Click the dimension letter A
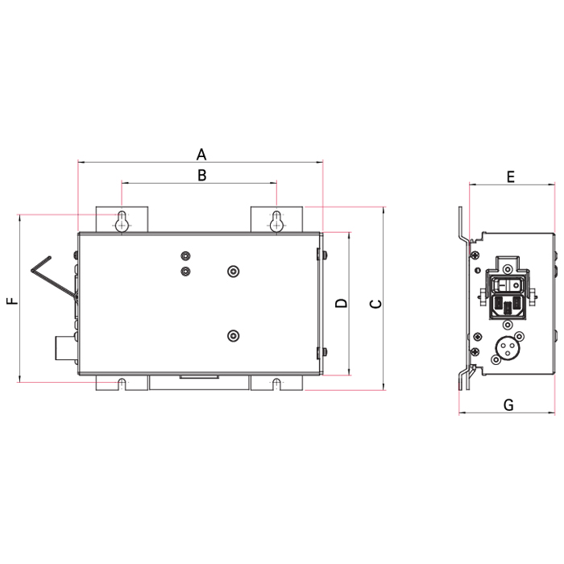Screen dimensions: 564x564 click(x=201, y=153)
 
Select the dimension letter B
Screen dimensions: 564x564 click(x=202, y=174)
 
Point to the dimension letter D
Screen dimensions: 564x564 click(x=341, y=304)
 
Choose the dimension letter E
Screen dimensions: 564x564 click(x=510, y=176)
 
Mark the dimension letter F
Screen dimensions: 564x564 click(x=11, y=301)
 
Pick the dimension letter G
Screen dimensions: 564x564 click(x=508, y=404)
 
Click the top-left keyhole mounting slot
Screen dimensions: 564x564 click(x=122, y=222)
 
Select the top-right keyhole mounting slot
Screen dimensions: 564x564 click(x=276, y=222)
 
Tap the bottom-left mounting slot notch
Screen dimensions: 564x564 click(x=122, y=382)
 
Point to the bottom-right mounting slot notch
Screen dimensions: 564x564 click(x=276, y=382)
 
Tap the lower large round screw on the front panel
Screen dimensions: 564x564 click(x=234, y=335)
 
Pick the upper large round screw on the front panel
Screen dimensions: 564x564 click(x=234, y=272)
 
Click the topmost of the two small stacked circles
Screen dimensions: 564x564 click(x=185, y=257)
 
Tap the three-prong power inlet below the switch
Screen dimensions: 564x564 click(x=510, y=305)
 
